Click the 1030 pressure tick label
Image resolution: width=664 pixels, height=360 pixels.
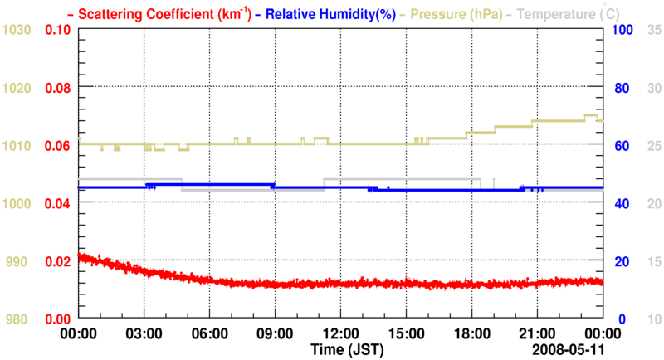pyautogui.click(x=17, y=30)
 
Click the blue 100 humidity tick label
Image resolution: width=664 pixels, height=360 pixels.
pyautogui.click(x=622, y=30)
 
